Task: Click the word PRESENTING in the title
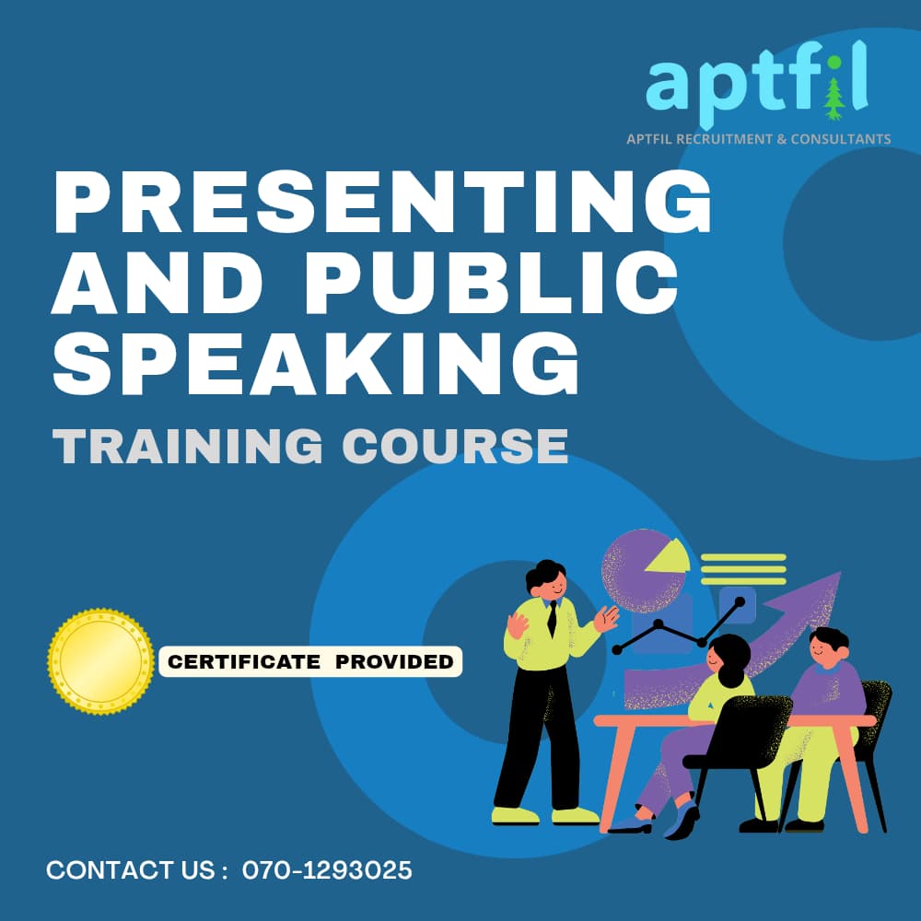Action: (x=382, y=203)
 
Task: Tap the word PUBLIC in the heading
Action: (x=491, y=282)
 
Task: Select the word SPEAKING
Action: (x=316, y=362)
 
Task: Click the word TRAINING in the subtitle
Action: (x=187, y=446)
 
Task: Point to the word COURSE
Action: (x=455, y=446)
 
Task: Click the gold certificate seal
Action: (x=101, y=662)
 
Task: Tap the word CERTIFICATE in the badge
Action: (x=244, y=662)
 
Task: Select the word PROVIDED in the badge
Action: (x=394, y=662)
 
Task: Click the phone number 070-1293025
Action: (x=327, y=870)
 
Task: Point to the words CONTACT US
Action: (x=131, y=870)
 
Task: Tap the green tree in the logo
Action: (x=834, y=99)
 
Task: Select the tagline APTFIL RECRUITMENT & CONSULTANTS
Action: (x=758, y=139)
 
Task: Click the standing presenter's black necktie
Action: (x=552, y=619)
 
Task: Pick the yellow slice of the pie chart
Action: (x=669, y=556)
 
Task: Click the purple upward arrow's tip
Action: (x=841, y=573)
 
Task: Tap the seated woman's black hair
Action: (x=731, y=658)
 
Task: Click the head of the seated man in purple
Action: (x=828, y=647)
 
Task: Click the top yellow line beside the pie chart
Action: (x=743, y=557)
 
